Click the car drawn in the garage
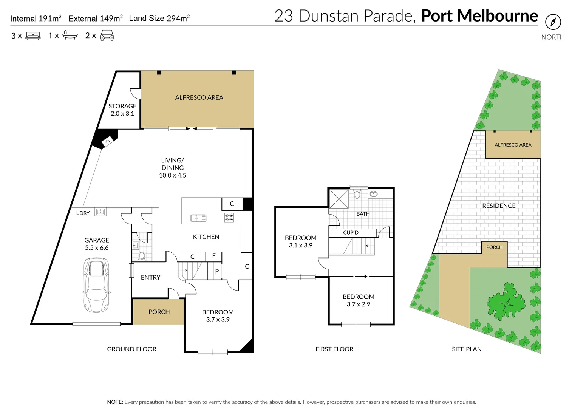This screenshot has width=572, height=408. click(97, 285)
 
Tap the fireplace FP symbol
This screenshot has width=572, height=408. click(107, 142)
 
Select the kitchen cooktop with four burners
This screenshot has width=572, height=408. click(229, 217)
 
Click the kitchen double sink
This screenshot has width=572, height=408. click(198, 218)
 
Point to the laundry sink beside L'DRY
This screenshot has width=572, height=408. click(100, 212)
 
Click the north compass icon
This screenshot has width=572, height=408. click(553, 22)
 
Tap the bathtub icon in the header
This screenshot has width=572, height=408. click(70, 36)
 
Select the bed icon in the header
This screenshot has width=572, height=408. click(33, 36)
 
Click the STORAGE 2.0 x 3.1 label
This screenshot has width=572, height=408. click(122, 110)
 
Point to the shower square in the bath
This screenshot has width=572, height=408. click(339, 199)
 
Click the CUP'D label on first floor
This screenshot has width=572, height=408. click(351, 233)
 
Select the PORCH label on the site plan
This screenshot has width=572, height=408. click(494, 247)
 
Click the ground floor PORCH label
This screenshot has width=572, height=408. click(159, 312)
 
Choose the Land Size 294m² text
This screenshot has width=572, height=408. click(159, 18)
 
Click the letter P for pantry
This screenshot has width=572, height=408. click(217, 271)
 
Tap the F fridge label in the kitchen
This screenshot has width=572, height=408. click(214, 256)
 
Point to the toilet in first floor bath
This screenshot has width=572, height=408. click(357, 194)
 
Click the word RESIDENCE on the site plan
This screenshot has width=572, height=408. click(499, 206)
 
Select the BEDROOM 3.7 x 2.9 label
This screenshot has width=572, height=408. click(358, 300)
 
